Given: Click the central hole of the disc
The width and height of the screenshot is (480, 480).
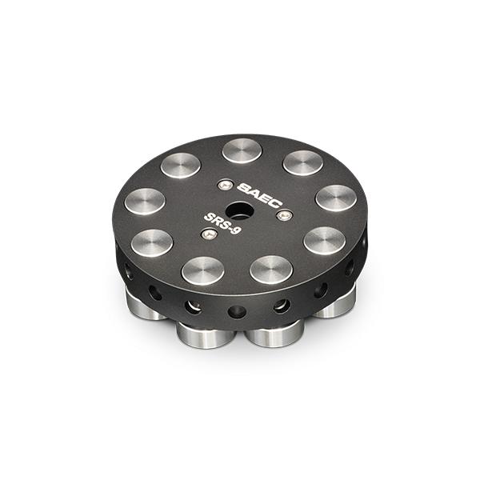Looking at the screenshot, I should click(x=238, y=212).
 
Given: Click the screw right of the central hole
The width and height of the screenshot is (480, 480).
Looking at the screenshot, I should click(x=282, y=215).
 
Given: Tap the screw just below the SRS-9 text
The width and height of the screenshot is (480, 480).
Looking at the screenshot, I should click(x=209, y=234).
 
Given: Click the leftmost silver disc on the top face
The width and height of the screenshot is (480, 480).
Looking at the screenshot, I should click(x=145, y=200).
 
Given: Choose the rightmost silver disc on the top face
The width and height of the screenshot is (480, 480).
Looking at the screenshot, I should click(x=336, y=198).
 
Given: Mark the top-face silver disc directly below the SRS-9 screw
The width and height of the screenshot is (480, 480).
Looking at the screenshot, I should click(x=201, y=270).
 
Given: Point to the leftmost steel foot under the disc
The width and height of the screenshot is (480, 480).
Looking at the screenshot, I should click(x=144, y=304).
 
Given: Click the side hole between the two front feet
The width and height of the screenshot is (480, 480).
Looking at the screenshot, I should click(x=237, y=311).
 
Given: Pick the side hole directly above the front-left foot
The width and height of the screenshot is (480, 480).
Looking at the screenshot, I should click(x=193, y=306).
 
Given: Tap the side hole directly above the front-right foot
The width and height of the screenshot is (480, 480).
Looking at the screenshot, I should click(x=282, y=306).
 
